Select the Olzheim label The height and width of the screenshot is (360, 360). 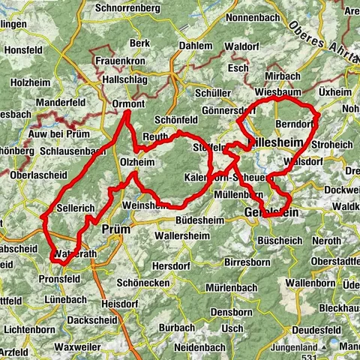click(x=137, y=161)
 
